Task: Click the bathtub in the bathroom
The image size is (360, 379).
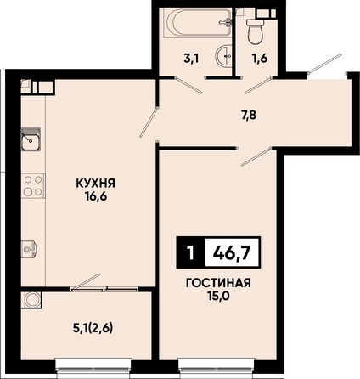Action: tap(200, 22)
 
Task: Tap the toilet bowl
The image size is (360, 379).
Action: tap(256, 31)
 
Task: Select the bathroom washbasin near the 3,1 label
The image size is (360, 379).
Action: tap(223, 56)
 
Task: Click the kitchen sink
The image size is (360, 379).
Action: tap(31, 139)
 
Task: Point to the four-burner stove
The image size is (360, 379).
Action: tap(33, 185)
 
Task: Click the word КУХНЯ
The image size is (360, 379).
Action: tap(95, 184)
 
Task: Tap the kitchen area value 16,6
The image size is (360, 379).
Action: tap(95, 196)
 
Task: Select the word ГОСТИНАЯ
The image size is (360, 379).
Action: tap(218, 283)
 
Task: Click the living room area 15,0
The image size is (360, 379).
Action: tap(218, 296)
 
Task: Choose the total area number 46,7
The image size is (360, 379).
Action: tap(232, 252)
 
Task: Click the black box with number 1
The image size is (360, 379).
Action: tap(191, 252)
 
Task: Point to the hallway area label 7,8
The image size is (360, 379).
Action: tap(249, 116)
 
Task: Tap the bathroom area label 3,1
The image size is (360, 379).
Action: tap(192, 59)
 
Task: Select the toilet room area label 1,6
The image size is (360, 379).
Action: tap(260, 59)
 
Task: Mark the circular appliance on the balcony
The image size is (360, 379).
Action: tap(31, 299)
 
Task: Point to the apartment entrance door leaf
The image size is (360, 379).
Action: tap(325, 62)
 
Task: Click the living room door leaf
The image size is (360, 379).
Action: tap(257, 156)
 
